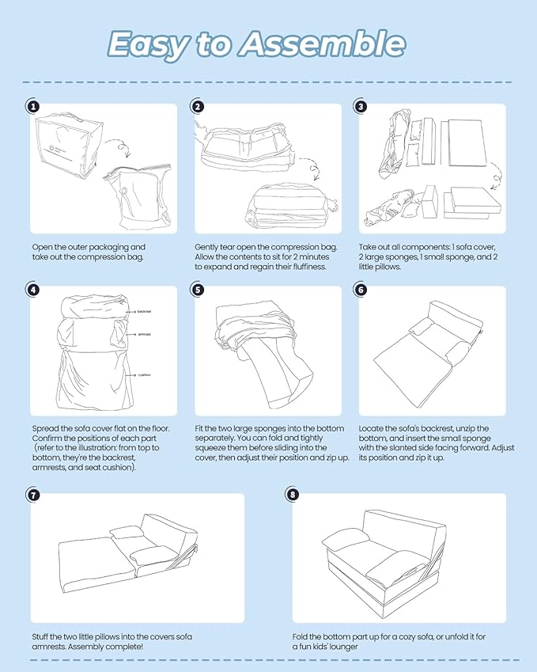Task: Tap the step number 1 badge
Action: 32,106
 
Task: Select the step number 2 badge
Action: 197,106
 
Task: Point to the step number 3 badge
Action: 361,106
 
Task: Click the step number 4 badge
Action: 32,290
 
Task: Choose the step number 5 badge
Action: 197,290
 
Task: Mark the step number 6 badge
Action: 361,290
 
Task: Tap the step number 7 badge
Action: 32,495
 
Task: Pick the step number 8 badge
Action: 294,495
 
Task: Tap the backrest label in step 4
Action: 143,312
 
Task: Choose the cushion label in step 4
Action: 144,374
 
